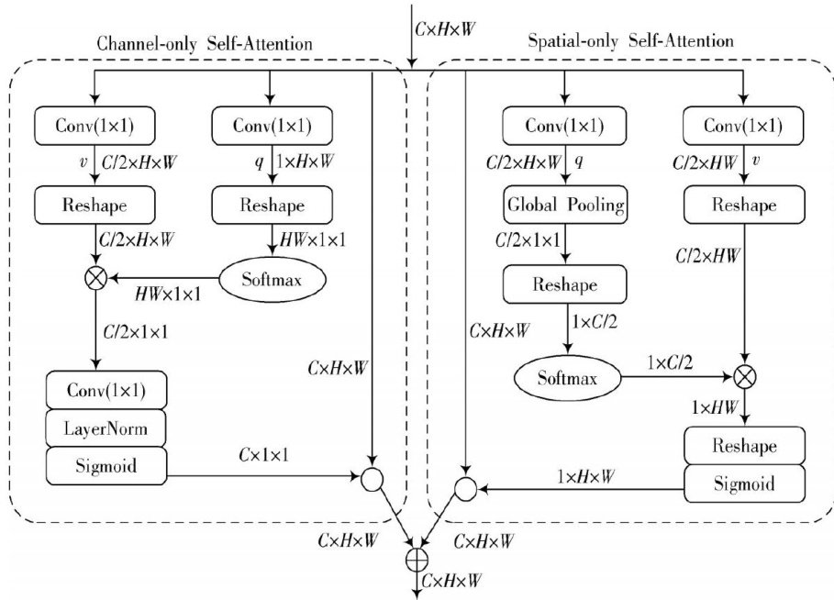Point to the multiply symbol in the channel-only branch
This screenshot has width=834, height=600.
pos(94,278)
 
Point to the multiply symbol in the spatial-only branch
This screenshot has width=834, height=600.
pos(744,375)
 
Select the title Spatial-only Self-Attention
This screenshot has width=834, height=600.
pos(631,41)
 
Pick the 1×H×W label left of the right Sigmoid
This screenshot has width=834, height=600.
pos(592,475)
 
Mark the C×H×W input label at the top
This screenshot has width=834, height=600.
pos(446,28)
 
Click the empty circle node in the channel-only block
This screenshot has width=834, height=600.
pos(372,478)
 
